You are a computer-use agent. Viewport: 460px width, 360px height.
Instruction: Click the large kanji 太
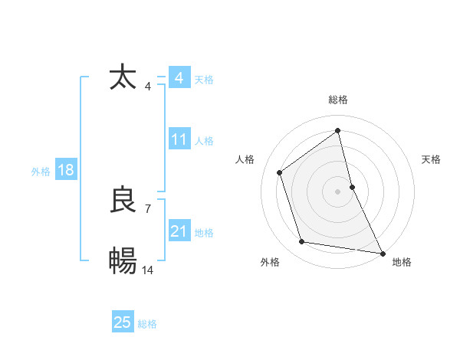coord(123,78)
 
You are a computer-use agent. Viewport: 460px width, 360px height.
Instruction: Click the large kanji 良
coord(123,201)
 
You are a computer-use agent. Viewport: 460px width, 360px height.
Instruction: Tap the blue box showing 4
coord(179,78)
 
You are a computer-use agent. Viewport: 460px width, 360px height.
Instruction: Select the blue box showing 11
coord(179,139)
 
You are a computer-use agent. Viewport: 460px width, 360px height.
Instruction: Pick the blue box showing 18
coord(66,170)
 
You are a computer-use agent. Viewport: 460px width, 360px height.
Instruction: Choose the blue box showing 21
coord(179,231)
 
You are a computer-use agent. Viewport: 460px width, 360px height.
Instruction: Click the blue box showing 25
coord(123,322)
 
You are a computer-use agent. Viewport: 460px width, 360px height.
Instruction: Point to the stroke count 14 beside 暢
coord(148,270)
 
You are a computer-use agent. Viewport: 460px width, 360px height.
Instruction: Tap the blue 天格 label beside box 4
coord(204,80)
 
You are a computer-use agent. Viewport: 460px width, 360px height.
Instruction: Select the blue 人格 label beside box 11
coord(204,141)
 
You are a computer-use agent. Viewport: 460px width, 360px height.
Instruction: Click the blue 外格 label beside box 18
coord(41,172)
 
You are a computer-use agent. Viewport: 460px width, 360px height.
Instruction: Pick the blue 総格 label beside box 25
coord(147,324)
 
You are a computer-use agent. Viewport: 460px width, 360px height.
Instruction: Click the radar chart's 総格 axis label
coord(337,100)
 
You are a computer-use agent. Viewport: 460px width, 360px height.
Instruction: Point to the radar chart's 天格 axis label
coord(431,159)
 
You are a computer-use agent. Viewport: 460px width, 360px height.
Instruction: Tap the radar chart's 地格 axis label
coord(402,262)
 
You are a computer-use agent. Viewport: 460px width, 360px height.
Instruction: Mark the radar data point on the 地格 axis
coord(382,252)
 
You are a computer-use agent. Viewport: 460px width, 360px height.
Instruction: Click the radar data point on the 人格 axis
coord(280,172)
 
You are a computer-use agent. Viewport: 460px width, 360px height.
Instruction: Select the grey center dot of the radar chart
coord(337,191)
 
